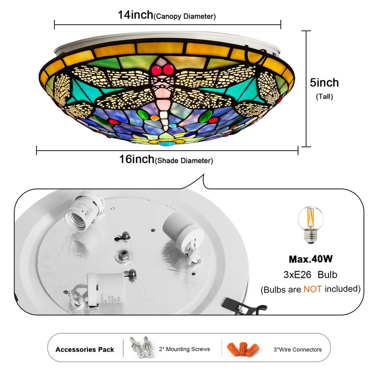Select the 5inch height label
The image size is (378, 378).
(324, 83)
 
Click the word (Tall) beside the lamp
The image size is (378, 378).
(324, 96)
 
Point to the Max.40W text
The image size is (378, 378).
(310, 259)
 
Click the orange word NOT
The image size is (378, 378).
(312, 288)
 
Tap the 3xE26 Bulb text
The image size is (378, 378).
(310, 275)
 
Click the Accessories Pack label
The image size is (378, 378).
(85, 350)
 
